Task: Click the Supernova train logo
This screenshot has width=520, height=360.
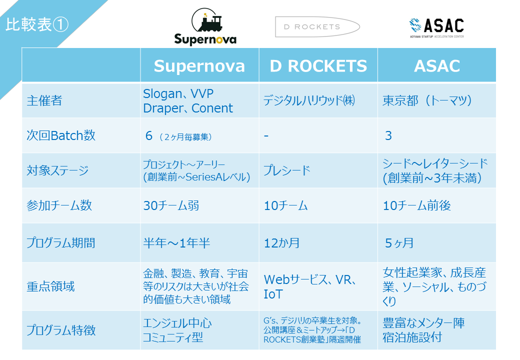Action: (x=205, y=26)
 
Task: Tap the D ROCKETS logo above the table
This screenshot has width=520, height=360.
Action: (x=317, y=27)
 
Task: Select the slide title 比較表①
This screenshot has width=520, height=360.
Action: (x=37, y=24)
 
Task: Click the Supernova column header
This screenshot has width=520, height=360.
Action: (x=199, y=65)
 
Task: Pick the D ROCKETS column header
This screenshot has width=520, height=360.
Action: (x=318, y=65)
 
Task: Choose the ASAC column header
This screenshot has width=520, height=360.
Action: (x=437, y=65)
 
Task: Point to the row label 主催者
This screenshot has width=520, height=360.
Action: (x=44, y=100)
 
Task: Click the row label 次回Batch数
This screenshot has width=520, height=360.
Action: (x=61, y=135)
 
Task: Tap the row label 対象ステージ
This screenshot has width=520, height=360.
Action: (x=57, y=170)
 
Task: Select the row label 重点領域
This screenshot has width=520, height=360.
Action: (x=50, y=286)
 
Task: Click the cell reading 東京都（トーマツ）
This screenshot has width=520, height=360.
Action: (x=427, y=100)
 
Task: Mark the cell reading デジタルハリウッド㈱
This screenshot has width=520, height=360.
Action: (x=309, y=100)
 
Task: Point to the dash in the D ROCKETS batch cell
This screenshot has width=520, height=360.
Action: (x=266, y=136)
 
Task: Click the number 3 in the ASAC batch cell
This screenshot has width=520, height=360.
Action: (x=388, y=135)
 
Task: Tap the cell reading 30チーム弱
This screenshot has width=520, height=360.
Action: (x=171, y=205)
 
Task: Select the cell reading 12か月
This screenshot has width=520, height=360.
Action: (x=281, y=243)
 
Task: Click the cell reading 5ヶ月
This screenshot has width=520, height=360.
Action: (x=399, y=243)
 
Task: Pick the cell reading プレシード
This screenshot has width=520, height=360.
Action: (x=287, y=170)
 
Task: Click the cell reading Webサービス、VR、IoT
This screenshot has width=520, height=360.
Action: (x=310, y=286)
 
